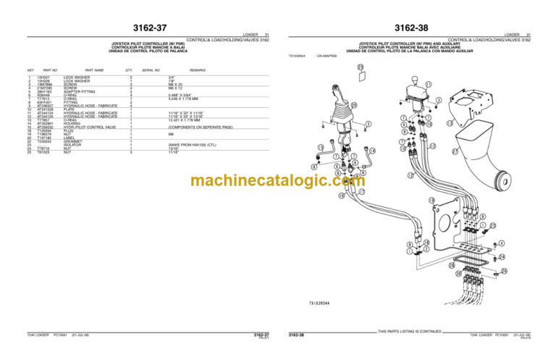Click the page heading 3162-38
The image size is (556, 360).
410,28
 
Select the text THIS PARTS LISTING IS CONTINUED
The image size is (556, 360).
410,332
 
